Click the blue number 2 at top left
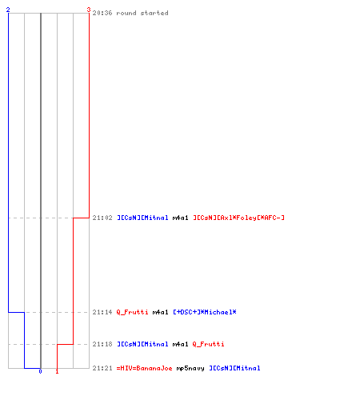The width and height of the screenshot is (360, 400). pos(8,10)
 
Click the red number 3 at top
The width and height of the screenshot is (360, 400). pos(89,10)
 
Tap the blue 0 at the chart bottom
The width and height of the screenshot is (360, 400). pos(40,371)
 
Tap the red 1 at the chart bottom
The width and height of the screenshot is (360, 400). pos(57,371)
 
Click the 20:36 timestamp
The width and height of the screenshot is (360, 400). pos(102,13)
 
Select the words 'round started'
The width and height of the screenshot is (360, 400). pos(142,13)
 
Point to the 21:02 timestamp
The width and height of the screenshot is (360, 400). pos(102,218)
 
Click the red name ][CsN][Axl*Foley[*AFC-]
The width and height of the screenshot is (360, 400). pos(238,218)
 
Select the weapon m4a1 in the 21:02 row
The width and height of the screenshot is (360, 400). pos(181,218)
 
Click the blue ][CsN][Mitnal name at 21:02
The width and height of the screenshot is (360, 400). pos(142,218)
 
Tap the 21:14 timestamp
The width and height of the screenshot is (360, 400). pos(102,312)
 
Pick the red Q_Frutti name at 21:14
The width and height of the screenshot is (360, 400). pos(132,312)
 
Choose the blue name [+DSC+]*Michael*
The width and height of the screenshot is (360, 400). pos(205,312)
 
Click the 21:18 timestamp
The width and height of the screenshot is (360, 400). pos(102,344)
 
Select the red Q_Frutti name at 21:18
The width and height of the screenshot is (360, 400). pos(208,344)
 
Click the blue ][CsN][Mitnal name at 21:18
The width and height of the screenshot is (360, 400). pos(142,344)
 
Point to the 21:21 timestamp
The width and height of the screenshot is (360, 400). pos(102,368)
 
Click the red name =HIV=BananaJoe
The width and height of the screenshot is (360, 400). pos(144,368)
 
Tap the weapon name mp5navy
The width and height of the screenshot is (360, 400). pos(190,369)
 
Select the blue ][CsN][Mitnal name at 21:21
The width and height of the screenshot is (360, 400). pos(234,368)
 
